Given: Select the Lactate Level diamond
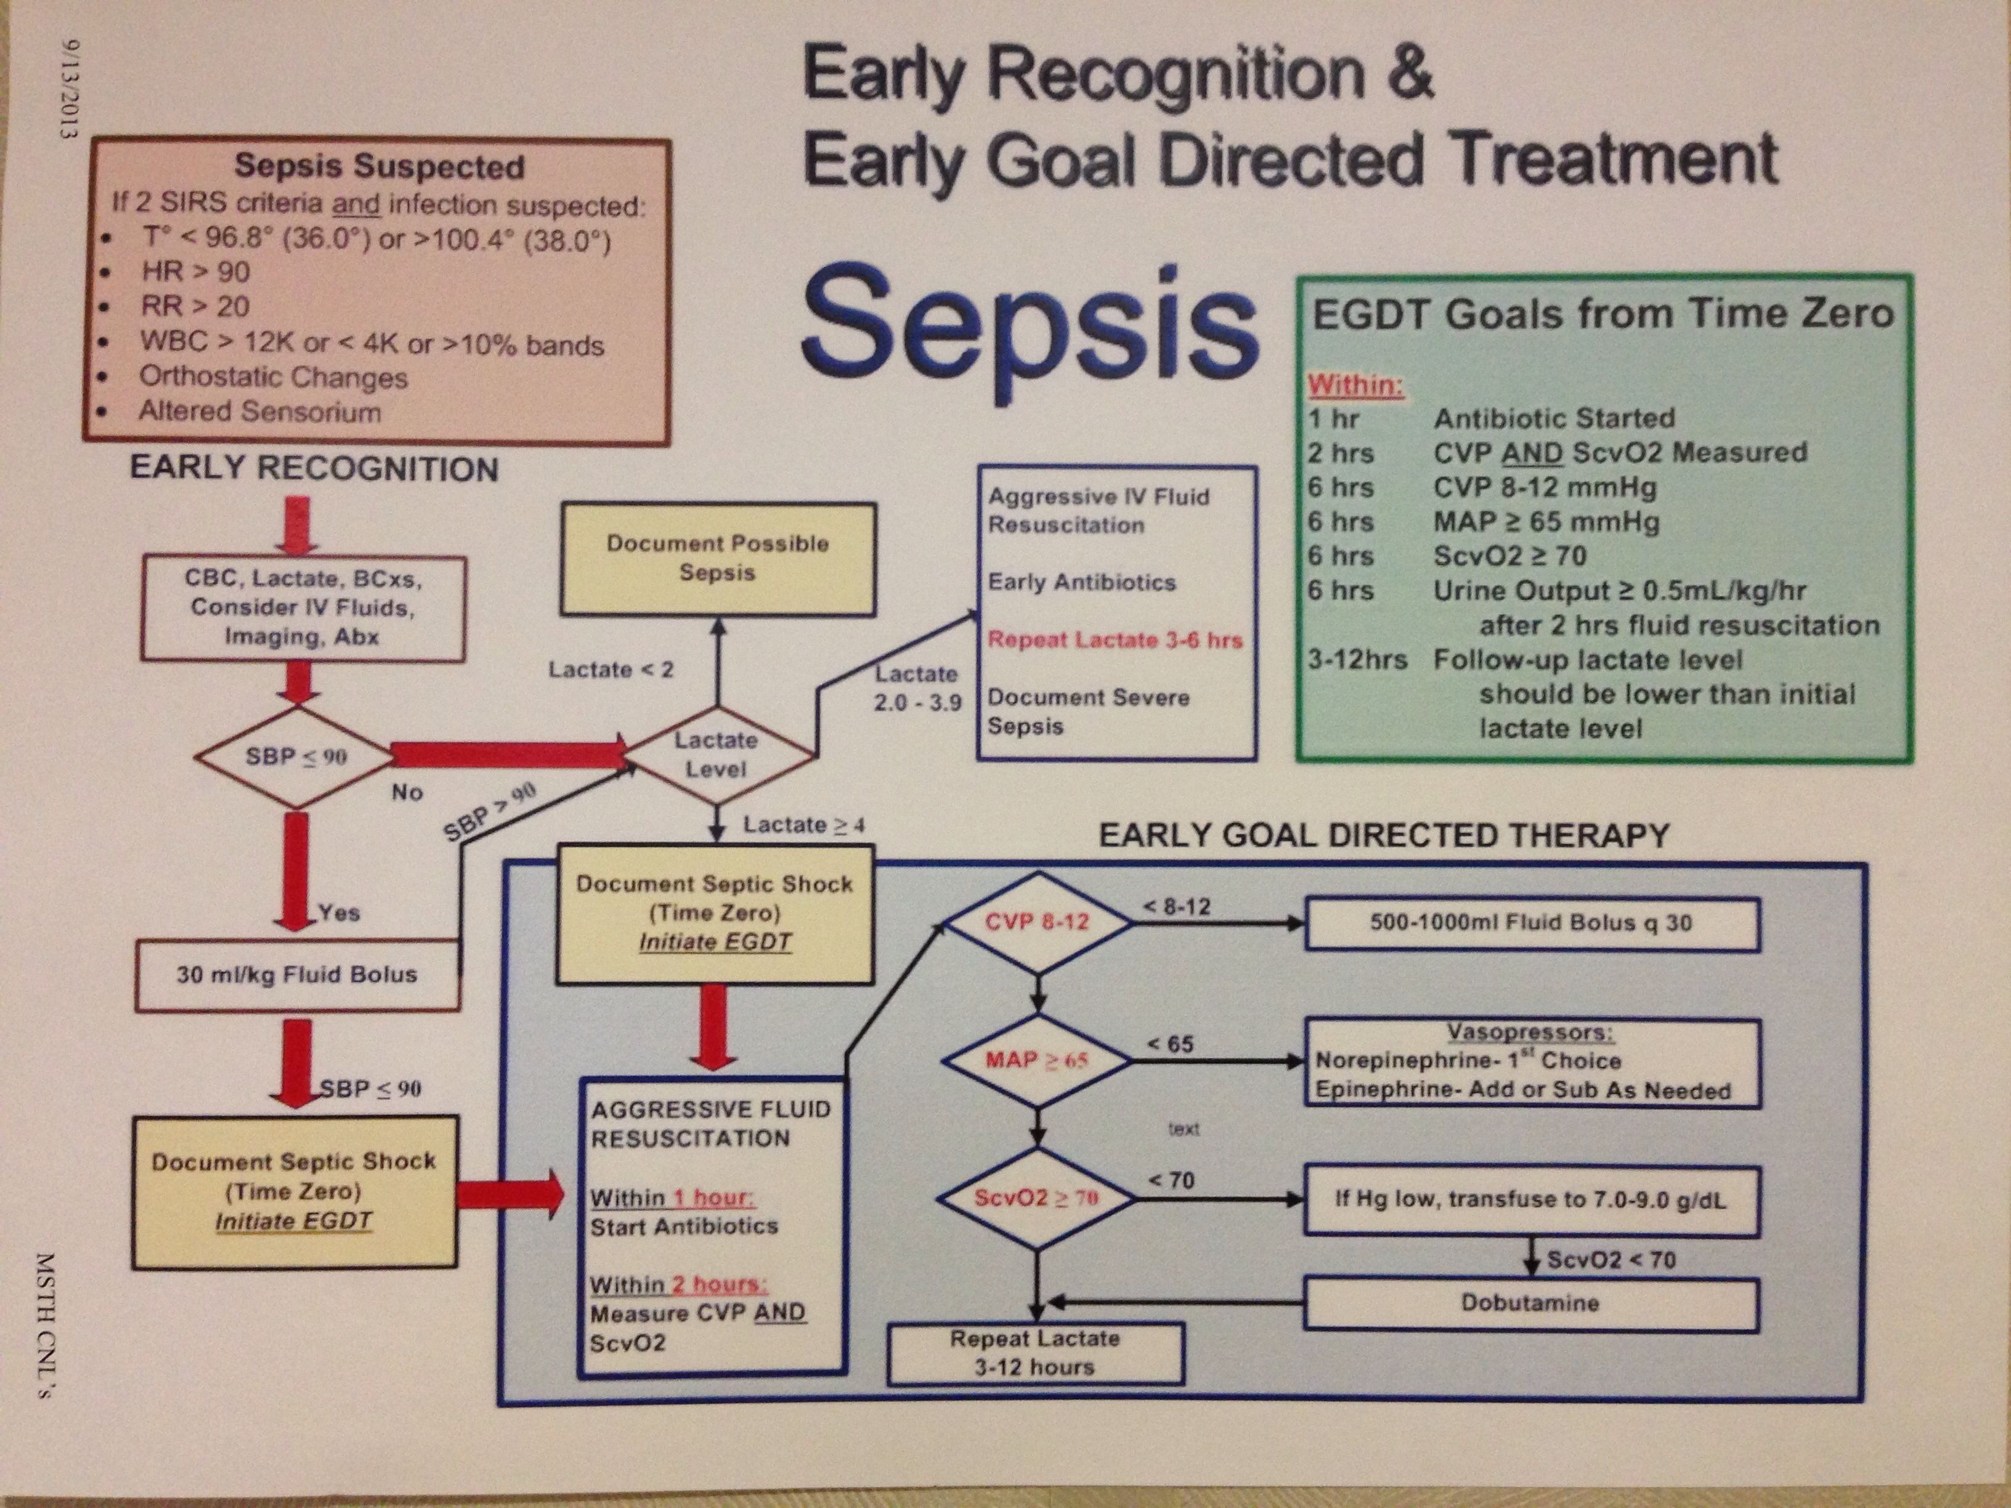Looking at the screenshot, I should [717, 755].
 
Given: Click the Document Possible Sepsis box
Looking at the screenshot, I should [717, 558].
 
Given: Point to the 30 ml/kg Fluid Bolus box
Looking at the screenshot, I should [298, 975].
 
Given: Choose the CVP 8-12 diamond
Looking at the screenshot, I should [1038, 922].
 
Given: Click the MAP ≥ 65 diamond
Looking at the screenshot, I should [1038, 1060].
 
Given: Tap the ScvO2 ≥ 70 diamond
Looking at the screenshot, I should [1038, 1198].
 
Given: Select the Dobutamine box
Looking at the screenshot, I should [1530, 1303].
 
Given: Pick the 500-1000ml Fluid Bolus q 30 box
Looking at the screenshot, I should [1531, 923].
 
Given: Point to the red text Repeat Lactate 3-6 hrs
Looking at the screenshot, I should [1115, 640].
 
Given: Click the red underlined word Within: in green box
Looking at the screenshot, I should [1355, 386].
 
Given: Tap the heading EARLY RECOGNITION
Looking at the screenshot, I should [314, 469].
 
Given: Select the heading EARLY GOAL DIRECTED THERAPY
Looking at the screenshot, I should [1384, 835].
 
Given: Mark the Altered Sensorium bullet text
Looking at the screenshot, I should [260, 411].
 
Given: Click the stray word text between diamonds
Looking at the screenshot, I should [1183, 1129].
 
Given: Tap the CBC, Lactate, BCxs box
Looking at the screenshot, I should [303, 607].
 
